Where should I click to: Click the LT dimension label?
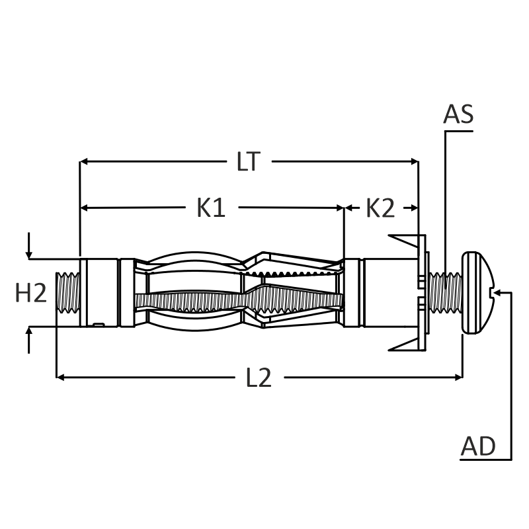coord(249,161)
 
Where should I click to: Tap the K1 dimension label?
coord(211,208)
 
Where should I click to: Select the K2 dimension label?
coord(380,208)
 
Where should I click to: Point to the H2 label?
coord(31,292)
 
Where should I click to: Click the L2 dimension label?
coord(259,378)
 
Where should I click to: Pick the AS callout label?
coord(458,114)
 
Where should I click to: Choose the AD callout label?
coord(478,446)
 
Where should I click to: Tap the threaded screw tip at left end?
coord(68,292)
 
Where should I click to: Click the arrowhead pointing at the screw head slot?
coord(499,292)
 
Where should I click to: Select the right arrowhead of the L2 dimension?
coord(458,377)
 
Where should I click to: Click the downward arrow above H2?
coord(29,245)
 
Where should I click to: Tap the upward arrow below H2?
coord(29,341)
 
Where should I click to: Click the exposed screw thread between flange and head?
coord(445,292)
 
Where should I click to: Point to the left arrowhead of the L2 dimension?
coord(60,377)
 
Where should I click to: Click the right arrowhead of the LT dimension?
coord(415,161)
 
